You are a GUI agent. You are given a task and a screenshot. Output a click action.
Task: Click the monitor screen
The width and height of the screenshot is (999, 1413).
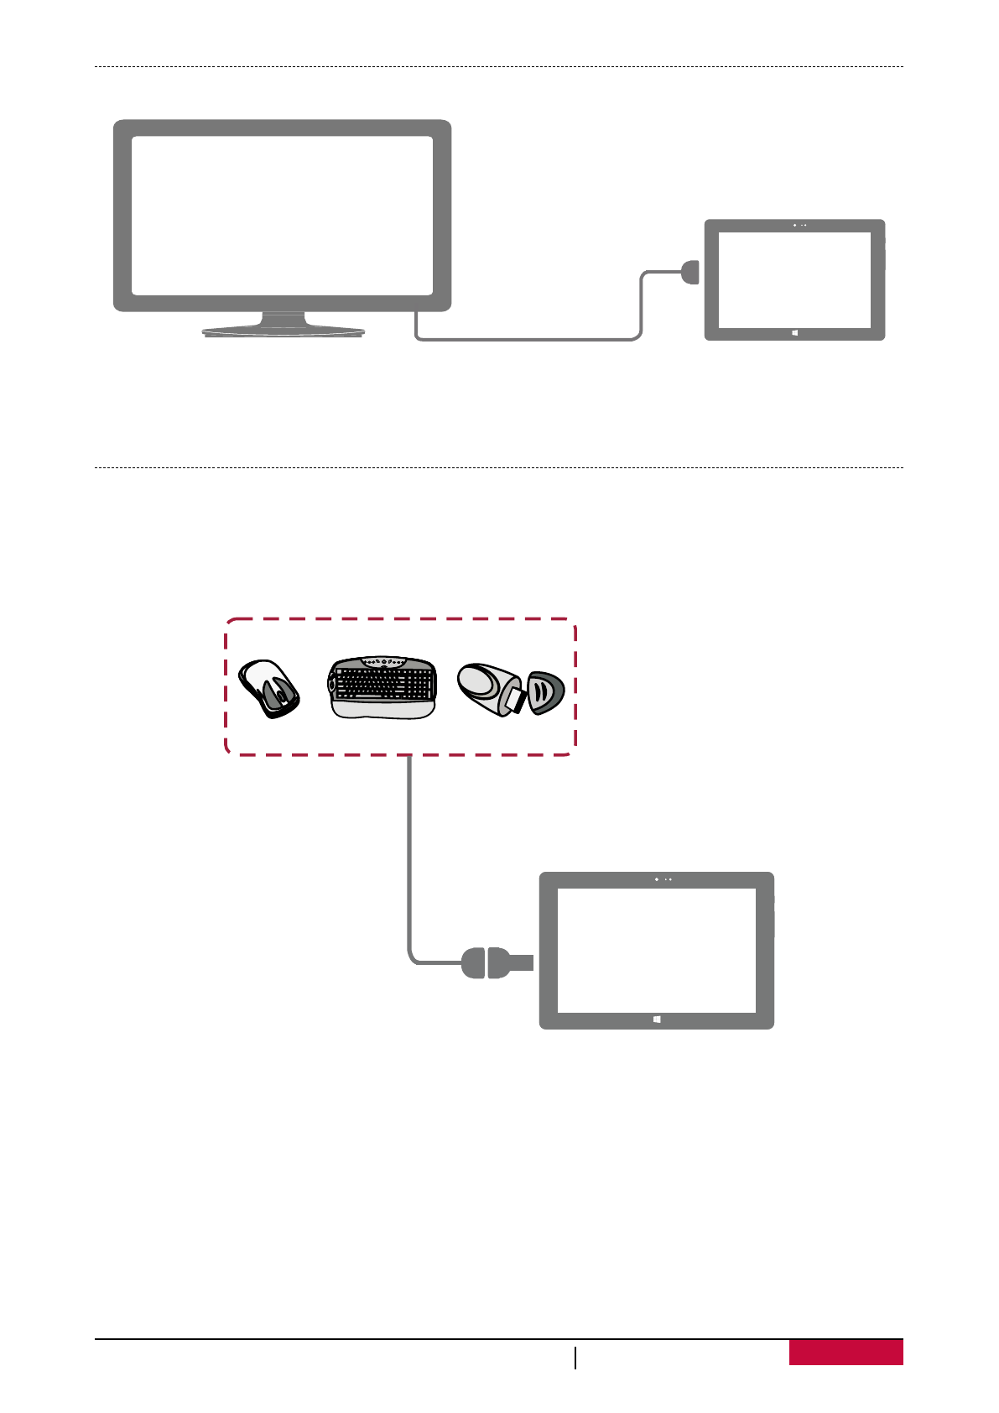[282, 216]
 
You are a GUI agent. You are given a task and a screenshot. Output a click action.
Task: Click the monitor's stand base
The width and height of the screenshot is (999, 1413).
[284, 331]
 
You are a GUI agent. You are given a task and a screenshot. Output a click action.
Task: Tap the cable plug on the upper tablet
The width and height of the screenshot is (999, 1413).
[690, 272]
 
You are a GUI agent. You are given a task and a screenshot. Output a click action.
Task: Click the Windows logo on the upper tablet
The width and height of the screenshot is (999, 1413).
[794, 333]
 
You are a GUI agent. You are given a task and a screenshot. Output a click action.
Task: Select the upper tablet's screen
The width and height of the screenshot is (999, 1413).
[794, 279]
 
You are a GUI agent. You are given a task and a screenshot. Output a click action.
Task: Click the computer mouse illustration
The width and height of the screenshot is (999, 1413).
[269, 688]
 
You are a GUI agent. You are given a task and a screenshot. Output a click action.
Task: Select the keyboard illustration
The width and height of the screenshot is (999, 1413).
[383, 686]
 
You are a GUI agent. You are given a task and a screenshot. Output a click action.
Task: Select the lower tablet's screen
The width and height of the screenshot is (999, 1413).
[656, 950]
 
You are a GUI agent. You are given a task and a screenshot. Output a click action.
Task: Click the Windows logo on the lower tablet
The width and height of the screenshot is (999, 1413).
[656, 1019]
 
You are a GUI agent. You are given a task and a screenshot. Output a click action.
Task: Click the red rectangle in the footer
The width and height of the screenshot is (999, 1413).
[846, 1353]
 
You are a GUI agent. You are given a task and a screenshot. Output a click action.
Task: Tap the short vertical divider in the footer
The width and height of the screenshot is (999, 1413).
[575, 1358]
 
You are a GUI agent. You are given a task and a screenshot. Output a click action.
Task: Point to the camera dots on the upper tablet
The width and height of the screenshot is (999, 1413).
[799, 225]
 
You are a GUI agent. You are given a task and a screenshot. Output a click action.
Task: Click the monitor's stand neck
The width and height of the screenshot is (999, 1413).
[284, 319]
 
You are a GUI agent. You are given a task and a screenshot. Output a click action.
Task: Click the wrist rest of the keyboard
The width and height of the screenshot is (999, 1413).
[383, 710]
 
